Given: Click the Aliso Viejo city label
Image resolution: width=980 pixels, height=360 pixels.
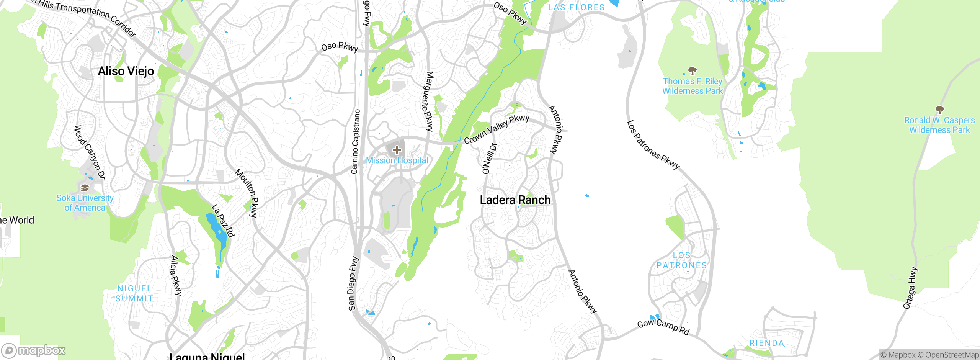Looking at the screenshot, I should coord(126,71).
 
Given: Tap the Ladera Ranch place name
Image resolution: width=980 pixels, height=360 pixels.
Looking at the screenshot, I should coord(515,200).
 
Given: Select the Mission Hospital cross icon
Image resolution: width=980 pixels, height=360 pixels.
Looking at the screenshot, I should coord(397,150).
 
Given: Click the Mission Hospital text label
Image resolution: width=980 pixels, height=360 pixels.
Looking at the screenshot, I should coord(397,160).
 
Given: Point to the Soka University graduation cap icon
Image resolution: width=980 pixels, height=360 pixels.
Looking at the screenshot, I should coord(85,188).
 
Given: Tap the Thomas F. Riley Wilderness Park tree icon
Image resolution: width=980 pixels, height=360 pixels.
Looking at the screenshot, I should coord(692,70).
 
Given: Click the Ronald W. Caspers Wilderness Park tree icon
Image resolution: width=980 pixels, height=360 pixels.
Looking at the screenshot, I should coord(939,110).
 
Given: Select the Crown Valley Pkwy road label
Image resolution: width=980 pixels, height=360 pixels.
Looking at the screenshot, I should coord(497,129).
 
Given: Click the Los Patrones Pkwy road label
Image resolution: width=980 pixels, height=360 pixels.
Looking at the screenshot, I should coord(653,145).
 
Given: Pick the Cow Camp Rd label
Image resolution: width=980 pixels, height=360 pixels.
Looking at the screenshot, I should coord(663,326).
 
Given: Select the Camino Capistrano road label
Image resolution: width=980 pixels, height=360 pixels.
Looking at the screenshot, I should coord(356,141).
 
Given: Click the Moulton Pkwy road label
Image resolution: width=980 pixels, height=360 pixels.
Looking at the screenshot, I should coord(247,193).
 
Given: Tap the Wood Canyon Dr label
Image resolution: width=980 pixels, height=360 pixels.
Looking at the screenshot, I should coord(89,152).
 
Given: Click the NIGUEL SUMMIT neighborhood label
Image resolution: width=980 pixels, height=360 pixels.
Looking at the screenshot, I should coord(134,294).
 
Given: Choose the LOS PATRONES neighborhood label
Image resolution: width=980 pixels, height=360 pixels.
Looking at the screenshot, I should coord(681,260).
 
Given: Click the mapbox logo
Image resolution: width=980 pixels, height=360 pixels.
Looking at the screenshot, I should coord(34,350).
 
